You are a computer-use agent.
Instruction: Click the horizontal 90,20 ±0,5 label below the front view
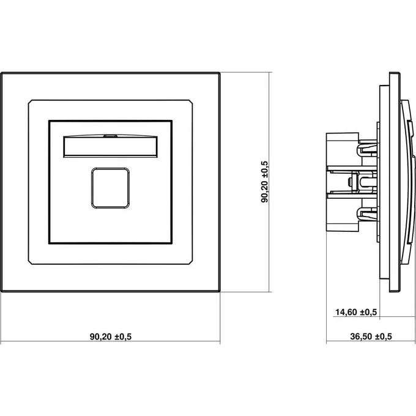click(x=111, y=336)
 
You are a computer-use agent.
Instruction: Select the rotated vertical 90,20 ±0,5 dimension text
click(x=265, y=182)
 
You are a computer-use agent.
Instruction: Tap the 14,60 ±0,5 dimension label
click(x=356, y=312)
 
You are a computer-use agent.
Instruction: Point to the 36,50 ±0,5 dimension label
click(x=371, y=336)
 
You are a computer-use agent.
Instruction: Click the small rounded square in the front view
click(x=110, y=188)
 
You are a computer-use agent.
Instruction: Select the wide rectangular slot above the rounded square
click(x=110, y=146)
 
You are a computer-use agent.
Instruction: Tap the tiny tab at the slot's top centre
click(x=110, y=136)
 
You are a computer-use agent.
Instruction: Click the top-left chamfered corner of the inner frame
click(x=30, y=102)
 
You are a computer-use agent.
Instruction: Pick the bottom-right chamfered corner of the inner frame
click(x=191, y=262)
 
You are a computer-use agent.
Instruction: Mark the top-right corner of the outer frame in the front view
click(x=220, y=72)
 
